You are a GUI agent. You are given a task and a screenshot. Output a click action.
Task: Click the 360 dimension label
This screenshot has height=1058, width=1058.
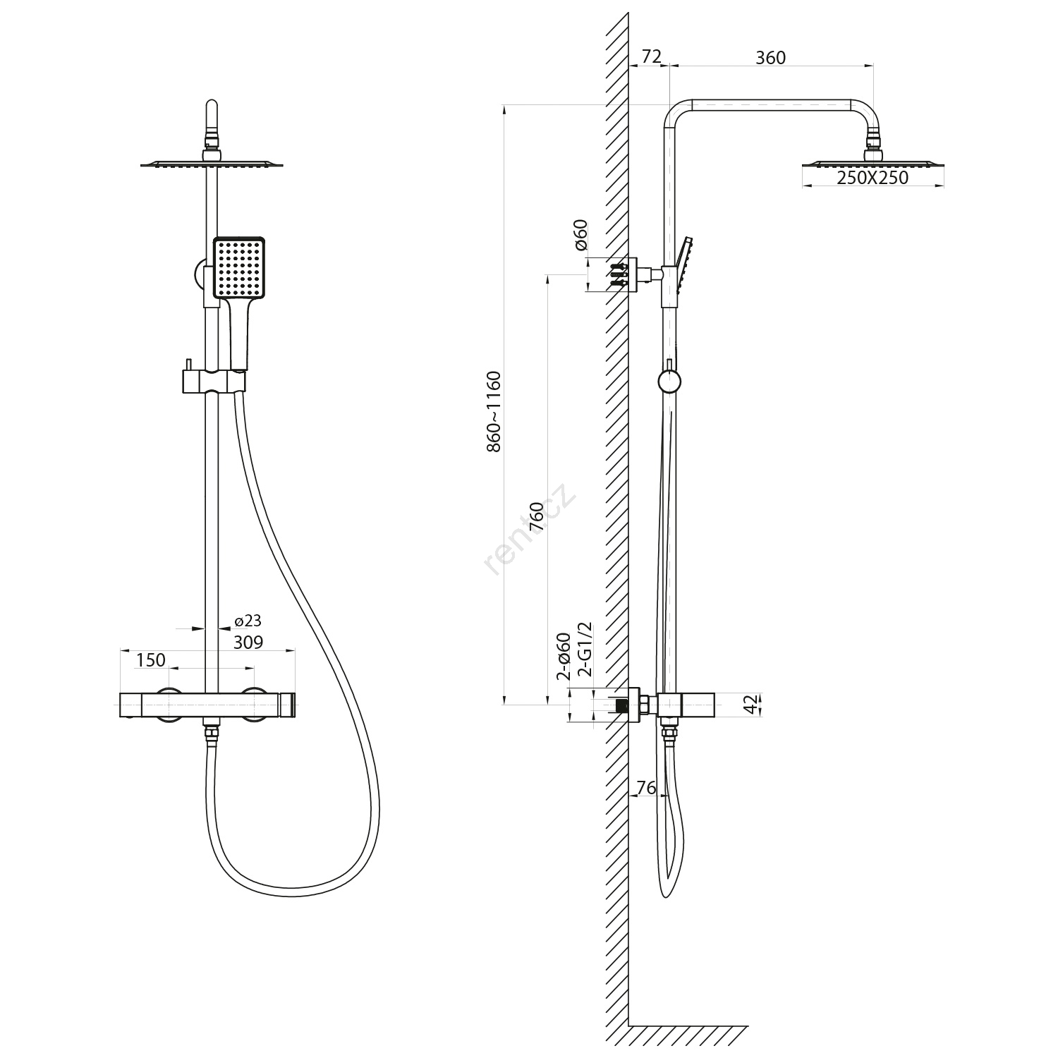coord(770,58)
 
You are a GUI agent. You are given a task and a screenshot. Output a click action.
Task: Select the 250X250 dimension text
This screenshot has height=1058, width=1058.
coord(872,178)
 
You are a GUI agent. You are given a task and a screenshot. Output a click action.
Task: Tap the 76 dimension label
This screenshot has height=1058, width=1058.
coord(646,788)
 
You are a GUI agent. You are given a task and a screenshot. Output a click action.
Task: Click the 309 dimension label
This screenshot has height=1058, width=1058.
coord(248,643)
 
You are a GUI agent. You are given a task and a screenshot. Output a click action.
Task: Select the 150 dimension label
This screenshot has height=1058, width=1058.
coord(150,660)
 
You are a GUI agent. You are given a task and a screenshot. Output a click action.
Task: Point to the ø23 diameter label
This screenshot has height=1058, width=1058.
coord(248,621)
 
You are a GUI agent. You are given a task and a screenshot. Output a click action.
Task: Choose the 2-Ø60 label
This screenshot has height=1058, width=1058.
coord(564,656)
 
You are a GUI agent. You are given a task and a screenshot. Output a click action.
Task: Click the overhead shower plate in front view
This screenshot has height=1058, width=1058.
coord(212,165)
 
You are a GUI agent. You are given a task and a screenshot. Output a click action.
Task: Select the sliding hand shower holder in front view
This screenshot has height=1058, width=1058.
coord(213,381)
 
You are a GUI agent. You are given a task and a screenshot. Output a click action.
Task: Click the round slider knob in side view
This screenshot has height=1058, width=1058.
coord(669,382)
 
